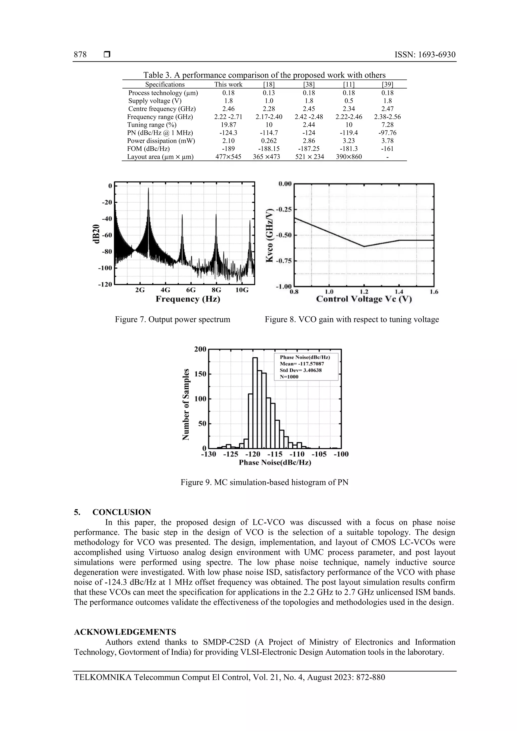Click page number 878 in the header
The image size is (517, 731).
pyautogui.click(x=80, y=55)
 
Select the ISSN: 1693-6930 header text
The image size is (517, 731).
pyautogui.click(x=425, y=55)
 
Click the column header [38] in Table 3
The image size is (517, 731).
pyautogui.click(x=309, y=84)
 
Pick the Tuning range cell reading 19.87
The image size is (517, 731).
pyautogui.click(x=228, y=125)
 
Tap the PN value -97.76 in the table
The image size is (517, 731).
pyautogui.click(x=387, y=133)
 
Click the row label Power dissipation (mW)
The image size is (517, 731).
pyautogui.click(x=161, y=141)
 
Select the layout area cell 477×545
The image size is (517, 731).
pyautogui.click(x=228, y=157)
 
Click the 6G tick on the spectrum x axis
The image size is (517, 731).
pyautogui.click(x=191, y=290)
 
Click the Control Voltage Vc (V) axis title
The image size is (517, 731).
pyautogui.click(x=364, y=299)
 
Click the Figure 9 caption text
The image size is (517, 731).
pyautogui.click(x=264, y=482)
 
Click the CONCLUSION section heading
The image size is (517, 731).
pyautogui.click(x=121, y=512)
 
